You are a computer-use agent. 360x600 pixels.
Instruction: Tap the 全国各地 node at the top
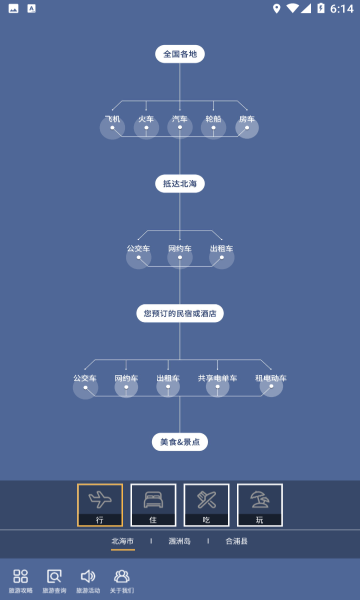(x=180, y=54)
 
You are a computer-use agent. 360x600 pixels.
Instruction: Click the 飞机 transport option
(x=112, y=124)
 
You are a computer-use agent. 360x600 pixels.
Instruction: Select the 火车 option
(x=146, y=124)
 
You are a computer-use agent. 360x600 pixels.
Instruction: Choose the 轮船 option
(x=213, y=124)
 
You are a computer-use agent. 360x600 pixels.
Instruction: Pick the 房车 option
(x=246, y=124)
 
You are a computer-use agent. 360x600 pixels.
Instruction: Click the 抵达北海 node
(x=180, y=183)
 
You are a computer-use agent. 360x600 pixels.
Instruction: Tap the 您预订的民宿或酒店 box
(x=180, y=313)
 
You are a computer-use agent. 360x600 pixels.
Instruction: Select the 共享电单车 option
(x=217, y=383)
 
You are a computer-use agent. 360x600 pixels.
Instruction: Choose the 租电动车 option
(x=271, y=383)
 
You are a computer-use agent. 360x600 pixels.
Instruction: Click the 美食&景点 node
(x=180, y=441)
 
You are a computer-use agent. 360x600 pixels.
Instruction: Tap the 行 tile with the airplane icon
(x=100, y=505)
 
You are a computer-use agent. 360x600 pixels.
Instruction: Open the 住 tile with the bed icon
(x=153, y=505)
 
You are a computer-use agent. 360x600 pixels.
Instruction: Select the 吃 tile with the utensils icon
(x=206, y=505)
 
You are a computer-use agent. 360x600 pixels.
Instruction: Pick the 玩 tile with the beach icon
(x=259, y=505)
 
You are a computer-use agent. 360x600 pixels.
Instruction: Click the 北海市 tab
(x=122, y=541)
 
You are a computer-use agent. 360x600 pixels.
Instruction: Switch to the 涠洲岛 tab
(x=180, y=541)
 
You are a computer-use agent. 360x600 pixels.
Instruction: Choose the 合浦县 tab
(x=236, y=541)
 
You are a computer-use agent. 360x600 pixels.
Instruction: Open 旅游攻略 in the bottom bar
(x=20, y=581)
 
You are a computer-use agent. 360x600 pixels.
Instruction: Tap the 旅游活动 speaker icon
(x=88, y=581)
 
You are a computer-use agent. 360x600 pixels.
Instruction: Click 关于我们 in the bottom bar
(x=122, y=581)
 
